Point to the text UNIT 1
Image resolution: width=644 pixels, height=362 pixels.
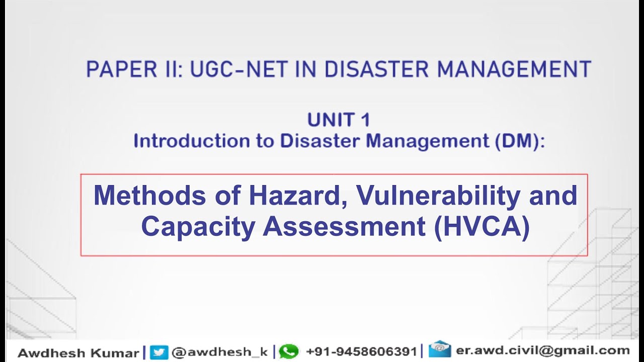[339, 120]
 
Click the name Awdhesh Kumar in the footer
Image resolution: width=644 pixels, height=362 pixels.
[78, 352]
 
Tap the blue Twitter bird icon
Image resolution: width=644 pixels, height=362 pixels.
[159, 352]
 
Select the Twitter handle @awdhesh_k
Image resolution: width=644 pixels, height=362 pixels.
[219, 352]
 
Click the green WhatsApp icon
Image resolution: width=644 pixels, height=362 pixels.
[289, 351]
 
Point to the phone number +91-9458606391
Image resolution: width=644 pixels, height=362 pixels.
[361, 351]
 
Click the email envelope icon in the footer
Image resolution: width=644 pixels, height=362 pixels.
[439, 349]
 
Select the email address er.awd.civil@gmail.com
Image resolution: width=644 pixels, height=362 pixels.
[542, 350]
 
